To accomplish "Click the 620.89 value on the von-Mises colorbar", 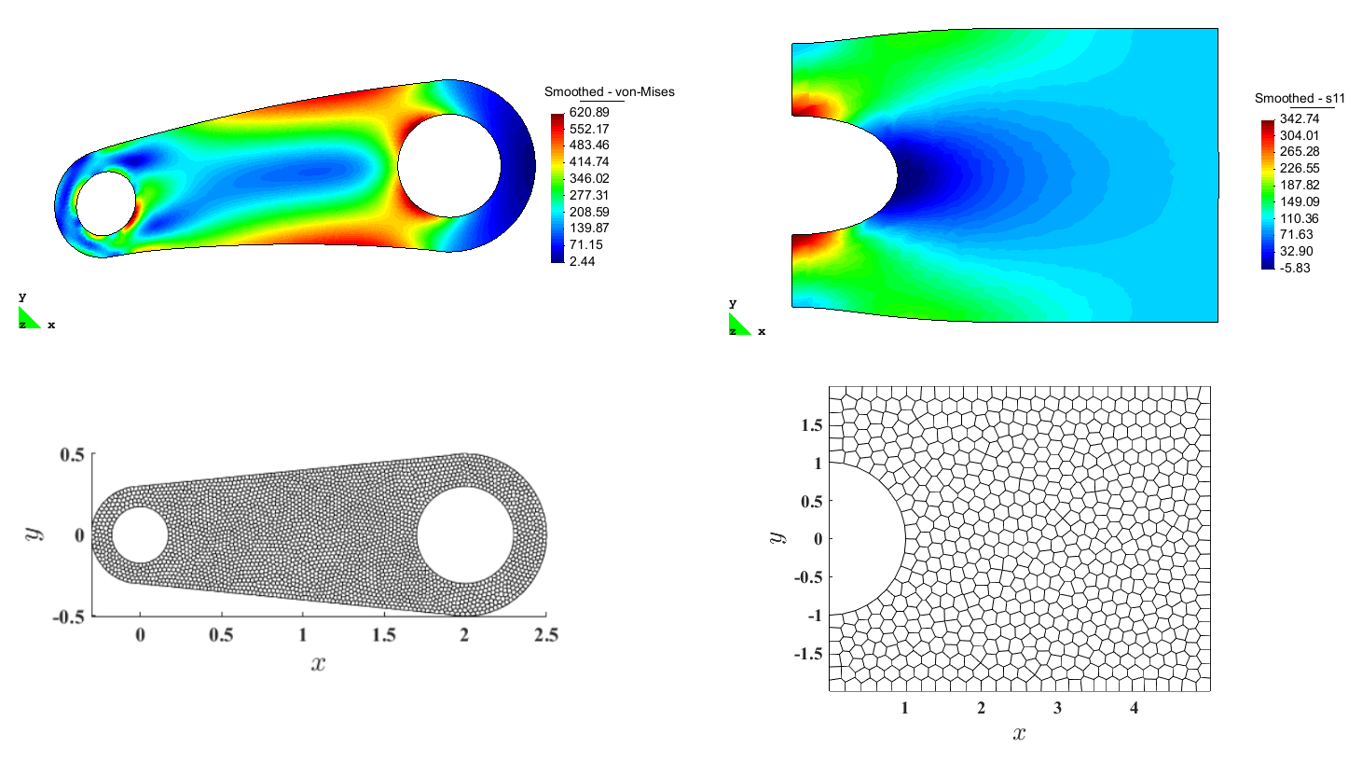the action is (x=588, y=112).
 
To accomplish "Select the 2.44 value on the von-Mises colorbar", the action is (x=582, y=261).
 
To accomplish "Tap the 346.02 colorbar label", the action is (x=588, y=178).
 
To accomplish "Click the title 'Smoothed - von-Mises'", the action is (x=610, y=91).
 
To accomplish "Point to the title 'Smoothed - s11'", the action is (x=1300, y=99).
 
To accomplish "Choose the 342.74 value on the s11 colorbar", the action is (x=1300, y=118).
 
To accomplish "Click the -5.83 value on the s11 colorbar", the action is (x=1295, y=269).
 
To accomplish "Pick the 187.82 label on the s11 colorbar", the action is (x=1300, y=185).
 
